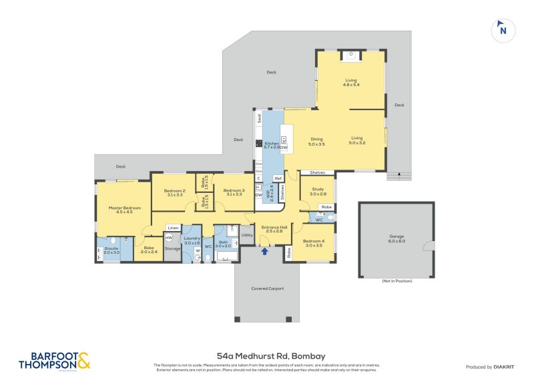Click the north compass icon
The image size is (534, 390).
click(x=503, y=29)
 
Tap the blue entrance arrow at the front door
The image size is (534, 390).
click(x=265, y=252)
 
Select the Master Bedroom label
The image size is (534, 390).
click(x=128, y=210)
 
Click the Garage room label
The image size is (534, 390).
click(x=397, y=238)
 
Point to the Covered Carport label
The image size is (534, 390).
click(x=267, y=288)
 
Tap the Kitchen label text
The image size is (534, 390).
click(x=271, y=146)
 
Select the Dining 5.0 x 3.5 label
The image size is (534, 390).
click(x=316, y=142)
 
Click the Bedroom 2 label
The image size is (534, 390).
click(x=174, y=192)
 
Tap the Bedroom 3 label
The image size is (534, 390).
click(x=234, y=192)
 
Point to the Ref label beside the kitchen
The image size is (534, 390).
click(x=278, y=178)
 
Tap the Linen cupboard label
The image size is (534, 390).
click(x=172, y=228)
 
